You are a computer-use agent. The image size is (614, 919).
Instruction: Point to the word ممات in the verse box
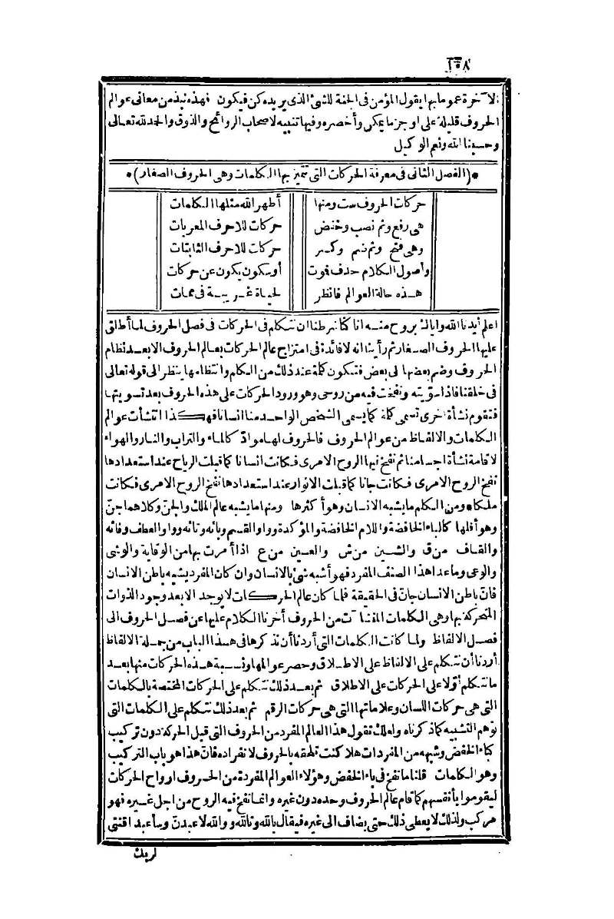[x=187, y=294]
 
